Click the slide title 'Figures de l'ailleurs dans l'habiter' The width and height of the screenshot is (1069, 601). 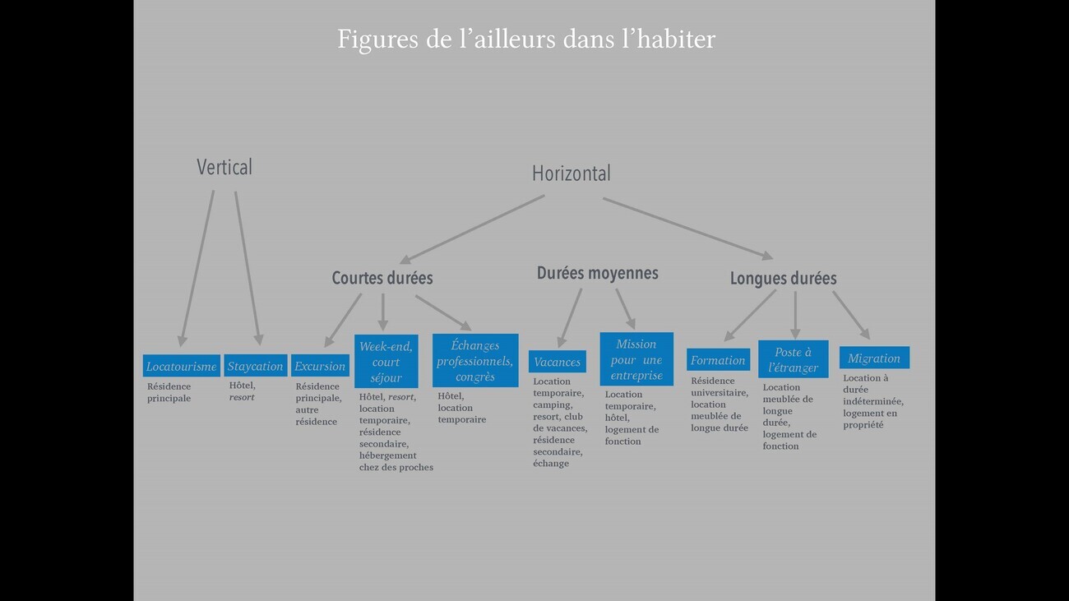(526, 39)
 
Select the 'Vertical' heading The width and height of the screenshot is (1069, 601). (224, 167)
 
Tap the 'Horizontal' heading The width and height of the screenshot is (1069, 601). (571, 173)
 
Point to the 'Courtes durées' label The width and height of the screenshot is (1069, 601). (382, 278)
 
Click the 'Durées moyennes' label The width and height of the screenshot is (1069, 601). (597, 273)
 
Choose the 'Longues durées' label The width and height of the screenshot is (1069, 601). (783, 278)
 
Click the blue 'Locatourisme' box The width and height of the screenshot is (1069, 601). (181, 366)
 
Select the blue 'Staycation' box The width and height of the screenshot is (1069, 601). (255, 366)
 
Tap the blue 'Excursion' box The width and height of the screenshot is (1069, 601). (320, 366)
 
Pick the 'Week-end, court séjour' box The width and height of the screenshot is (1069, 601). (386, 362)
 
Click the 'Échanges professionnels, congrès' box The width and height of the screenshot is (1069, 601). (475, 361)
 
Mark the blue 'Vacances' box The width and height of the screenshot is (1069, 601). (557, 362)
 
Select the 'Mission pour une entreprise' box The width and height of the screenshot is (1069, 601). (636, 359)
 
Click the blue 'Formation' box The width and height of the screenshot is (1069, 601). (718, 360)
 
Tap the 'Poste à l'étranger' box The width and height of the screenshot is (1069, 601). (793, 359)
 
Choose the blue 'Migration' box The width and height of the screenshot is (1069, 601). (874, 358)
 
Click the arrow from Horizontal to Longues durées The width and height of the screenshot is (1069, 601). (687, 228)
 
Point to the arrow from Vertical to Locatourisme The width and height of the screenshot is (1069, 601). (197, 267)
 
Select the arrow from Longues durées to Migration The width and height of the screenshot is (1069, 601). (851, 315)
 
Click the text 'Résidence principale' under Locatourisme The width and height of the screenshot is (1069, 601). (169, 392)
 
